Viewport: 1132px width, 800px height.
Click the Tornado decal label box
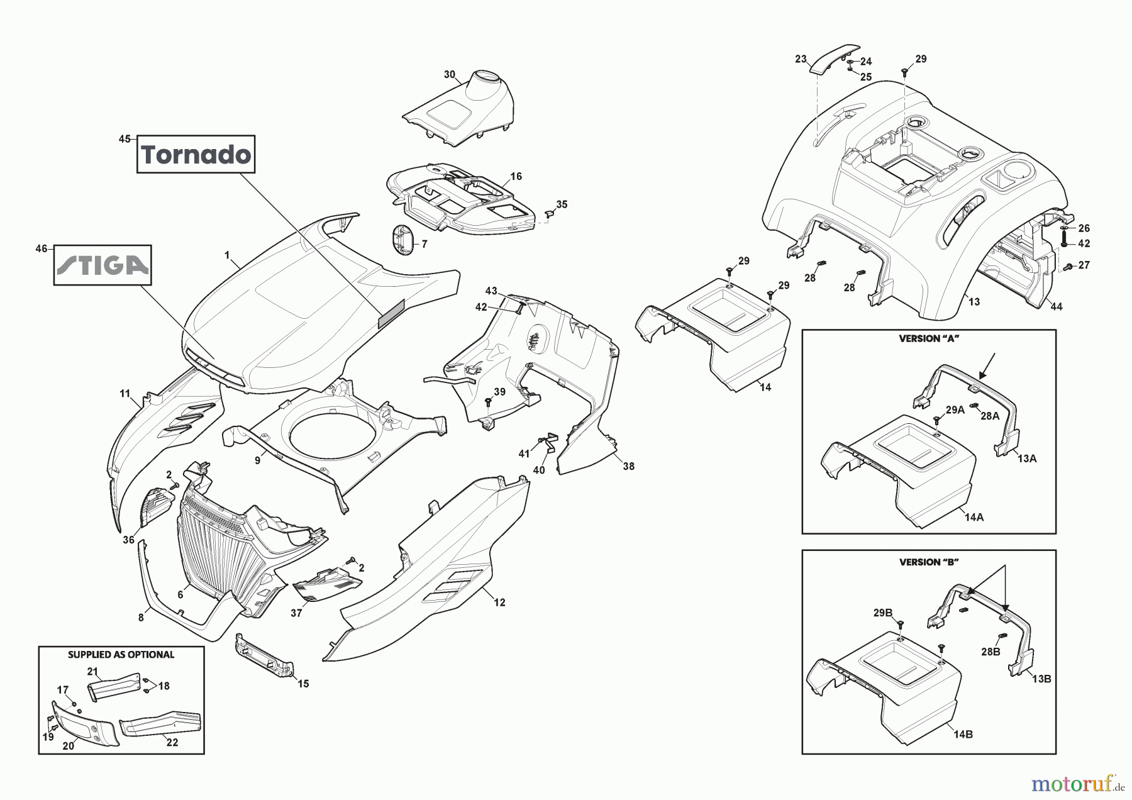(196, 153)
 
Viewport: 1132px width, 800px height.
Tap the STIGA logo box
(103, 265)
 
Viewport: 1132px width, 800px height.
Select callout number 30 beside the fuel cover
(449, 74)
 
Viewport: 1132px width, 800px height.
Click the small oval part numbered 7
(401, 240)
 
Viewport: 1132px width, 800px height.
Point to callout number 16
(516, 177)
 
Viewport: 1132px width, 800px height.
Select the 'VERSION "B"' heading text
(928, 562)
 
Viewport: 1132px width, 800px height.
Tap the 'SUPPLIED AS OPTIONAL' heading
(121, 654)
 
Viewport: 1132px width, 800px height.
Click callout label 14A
(974, 516)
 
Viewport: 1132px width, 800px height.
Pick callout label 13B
(1041, 679)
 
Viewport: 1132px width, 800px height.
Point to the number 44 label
(1057, 306)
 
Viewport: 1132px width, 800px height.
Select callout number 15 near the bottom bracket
(303, 684)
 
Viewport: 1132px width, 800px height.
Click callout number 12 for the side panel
(499, 603)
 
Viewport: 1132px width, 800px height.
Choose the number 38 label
(628, 466)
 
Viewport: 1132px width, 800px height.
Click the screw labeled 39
(487, 401)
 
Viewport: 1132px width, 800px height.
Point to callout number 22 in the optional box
(172, 742)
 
